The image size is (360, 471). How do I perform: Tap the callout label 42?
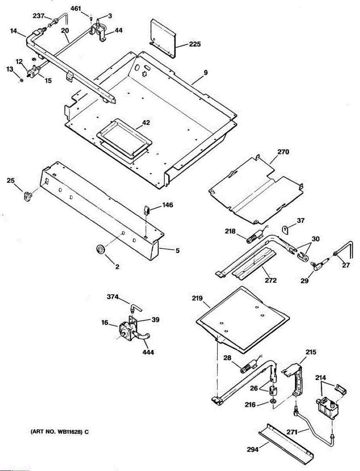(x=146, y=122)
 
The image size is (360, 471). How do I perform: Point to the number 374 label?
(x=113, y=297)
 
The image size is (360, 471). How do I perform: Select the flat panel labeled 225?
(x=163, y=38)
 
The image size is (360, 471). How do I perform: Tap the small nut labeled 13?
(x=22, y=80)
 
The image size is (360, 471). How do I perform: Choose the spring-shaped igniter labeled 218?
(x=255, y=237)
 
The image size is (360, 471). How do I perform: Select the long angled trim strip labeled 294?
(x=286, y=443)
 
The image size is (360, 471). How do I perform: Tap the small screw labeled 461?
(x=91, y=18)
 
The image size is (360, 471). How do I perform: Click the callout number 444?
(x=148, y=352)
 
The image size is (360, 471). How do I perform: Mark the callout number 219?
(x=197, y=299)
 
